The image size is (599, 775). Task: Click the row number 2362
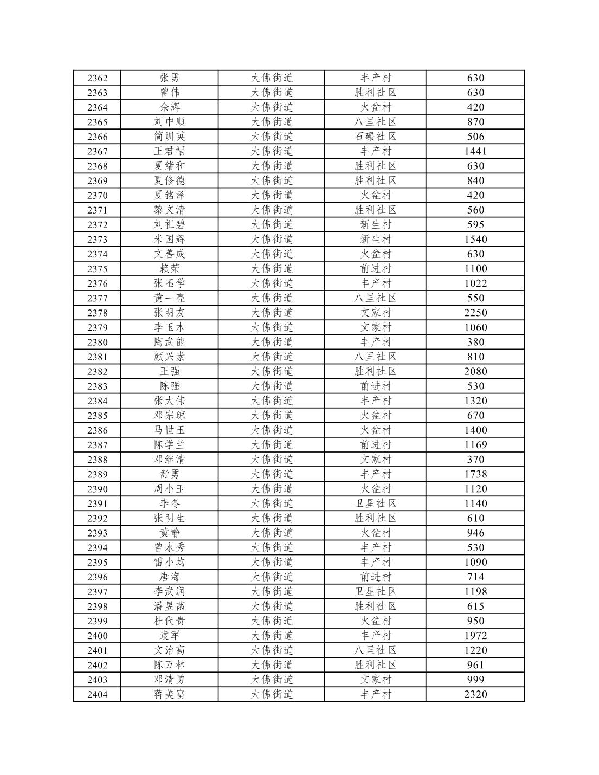[97, 78]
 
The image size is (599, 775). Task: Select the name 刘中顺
[169, 122]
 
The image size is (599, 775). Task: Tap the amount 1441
[475, 151]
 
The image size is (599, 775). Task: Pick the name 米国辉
[169, 239]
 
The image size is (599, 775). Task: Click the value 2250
[475, 313]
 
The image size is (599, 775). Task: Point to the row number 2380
[97, 342]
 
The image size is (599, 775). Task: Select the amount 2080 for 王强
[475, 371]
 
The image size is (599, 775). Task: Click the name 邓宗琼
[169, 415]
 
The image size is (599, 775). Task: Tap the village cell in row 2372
[376, 224]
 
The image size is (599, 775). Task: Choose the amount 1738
[475, 474]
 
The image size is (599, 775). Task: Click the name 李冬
[169, 503]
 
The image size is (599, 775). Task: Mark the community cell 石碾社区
[376, 137]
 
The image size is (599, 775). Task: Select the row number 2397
[97, 592]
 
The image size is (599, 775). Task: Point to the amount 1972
[475, 636]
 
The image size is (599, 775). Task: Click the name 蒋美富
[169, 694]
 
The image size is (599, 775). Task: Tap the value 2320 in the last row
[475, 694]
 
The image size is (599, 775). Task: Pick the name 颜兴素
[169, 357]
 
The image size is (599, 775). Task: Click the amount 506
[475, 137]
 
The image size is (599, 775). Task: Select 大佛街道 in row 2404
[272, 694]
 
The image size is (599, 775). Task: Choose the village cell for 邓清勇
[376, 680]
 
